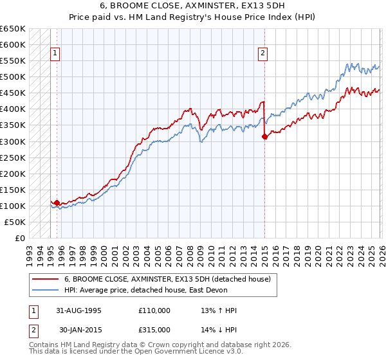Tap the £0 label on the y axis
pos(20,238)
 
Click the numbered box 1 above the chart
pos(56,53)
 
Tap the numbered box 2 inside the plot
pos(263,53)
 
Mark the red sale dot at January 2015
pos(264,136)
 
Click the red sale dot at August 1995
pos(57,203)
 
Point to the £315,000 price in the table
pos(154,329)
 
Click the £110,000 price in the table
pos(154,310)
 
